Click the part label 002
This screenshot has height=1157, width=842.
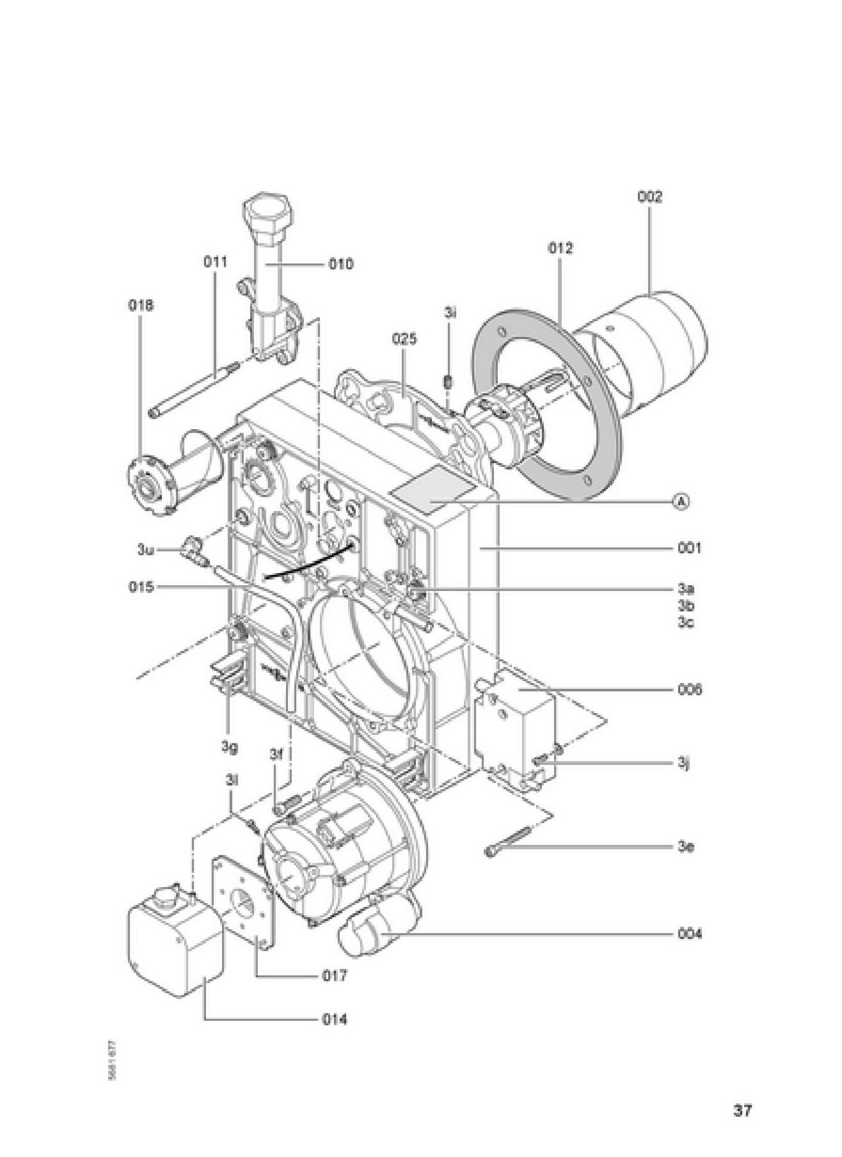click(650, 197)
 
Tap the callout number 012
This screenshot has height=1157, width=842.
click(560, 248)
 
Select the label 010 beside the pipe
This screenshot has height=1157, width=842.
click(340, 263)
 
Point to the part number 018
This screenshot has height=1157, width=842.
click(141, 306)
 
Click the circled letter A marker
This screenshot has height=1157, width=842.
click(681, 501)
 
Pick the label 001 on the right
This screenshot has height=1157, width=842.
click(689, 547)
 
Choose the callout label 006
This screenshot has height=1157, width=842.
click(690, 690)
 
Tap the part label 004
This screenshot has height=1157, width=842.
click(690, 933)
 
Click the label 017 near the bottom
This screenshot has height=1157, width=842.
click(334, 976)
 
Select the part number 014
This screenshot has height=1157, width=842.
click(334, 1020)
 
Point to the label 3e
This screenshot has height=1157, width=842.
click(686, 847)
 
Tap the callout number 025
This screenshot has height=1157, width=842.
click(404, 339)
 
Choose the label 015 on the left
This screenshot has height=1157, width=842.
click(142, 587)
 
